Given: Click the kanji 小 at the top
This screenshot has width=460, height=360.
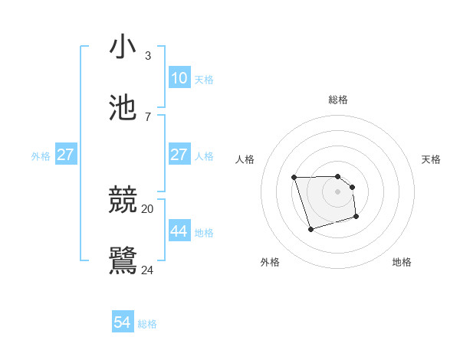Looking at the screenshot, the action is [x=123, y=47].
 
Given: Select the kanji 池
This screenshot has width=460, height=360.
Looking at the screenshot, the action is [x=123, y=108].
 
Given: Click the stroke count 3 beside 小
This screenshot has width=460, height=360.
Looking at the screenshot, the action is [x=147, y=56].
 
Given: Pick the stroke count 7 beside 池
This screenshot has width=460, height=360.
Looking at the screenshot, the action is [x=147, y=116].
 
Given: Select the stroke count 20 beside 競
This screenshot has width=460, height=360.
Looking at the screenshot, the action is [x=147, y=208].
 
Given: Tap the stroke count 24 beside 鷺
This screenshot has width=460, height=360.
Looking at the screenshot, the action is [x=147, y=270].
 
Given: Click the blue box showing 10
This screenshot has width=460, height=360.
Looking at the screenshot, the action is [x=179, y=77].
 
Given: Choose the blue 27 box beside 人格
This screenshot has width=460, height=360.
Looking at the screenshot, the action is [x=179, y=155].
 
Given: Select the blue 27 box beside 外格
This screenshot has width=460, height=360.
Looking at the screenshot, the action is [x=66, y=155].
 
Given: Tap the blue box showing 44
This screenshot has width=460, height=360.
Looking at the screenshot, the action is [x=179, y=231].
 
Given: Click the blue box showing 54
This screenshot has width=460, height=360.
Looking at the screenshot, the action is [x=123, y=322].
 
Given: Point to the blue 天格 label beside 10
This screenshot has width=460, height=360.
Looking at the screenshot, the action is [x=204, y=80].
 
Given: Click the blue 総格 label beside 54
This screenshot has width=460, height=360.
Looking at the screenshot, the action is [x=147, y=325].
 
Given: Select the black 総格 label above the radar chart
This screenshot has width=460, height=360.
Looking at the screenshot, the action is [x=338, y=100].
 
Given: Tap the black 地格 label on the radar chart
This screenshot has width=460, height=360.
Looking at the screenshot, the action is [x=402, y=262].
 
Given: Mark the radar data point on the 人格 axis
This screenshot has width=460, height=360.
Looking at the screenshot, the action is [x=294, y=178].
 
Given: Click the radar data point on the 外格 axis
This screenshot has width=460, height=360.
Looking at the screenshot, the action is [x=310, y=229].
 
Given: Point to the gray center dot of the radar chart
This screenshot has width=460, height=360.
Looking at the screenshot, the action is [x=338, y=191].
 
